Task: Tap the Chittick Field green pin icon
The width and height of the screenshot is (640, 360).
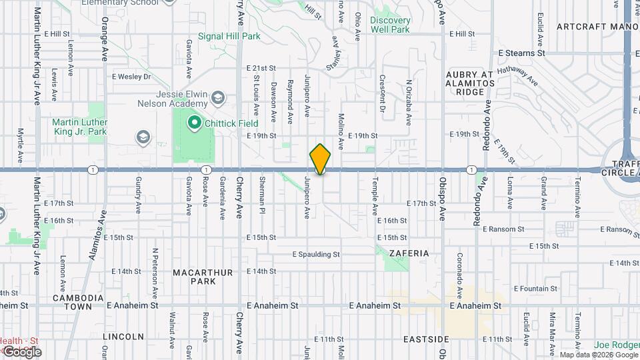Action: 195,122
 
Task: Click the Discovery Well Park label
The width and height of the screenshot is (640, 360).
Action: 390,25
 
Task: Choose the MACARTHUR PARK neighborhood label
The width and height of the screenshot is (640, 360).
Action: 194,277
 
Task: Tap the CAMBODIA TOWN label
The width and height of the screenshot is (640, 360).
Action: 79,302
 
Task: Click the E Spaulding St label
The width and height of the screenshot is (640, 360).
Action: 317,254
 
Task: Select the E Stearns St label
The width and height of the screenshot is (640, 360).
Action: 522,52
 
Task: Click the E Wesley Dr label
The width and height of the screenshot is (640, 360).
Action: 131,77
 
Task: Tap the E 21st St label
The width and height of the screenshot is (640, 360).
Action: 261,68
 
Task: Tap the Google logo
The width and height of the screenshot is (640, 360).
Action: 21,351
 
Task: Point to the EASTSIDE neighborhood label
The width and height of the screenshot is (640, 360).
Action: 426,339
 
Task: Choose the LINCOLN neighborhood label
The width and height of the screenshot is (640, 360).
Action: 124,336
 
